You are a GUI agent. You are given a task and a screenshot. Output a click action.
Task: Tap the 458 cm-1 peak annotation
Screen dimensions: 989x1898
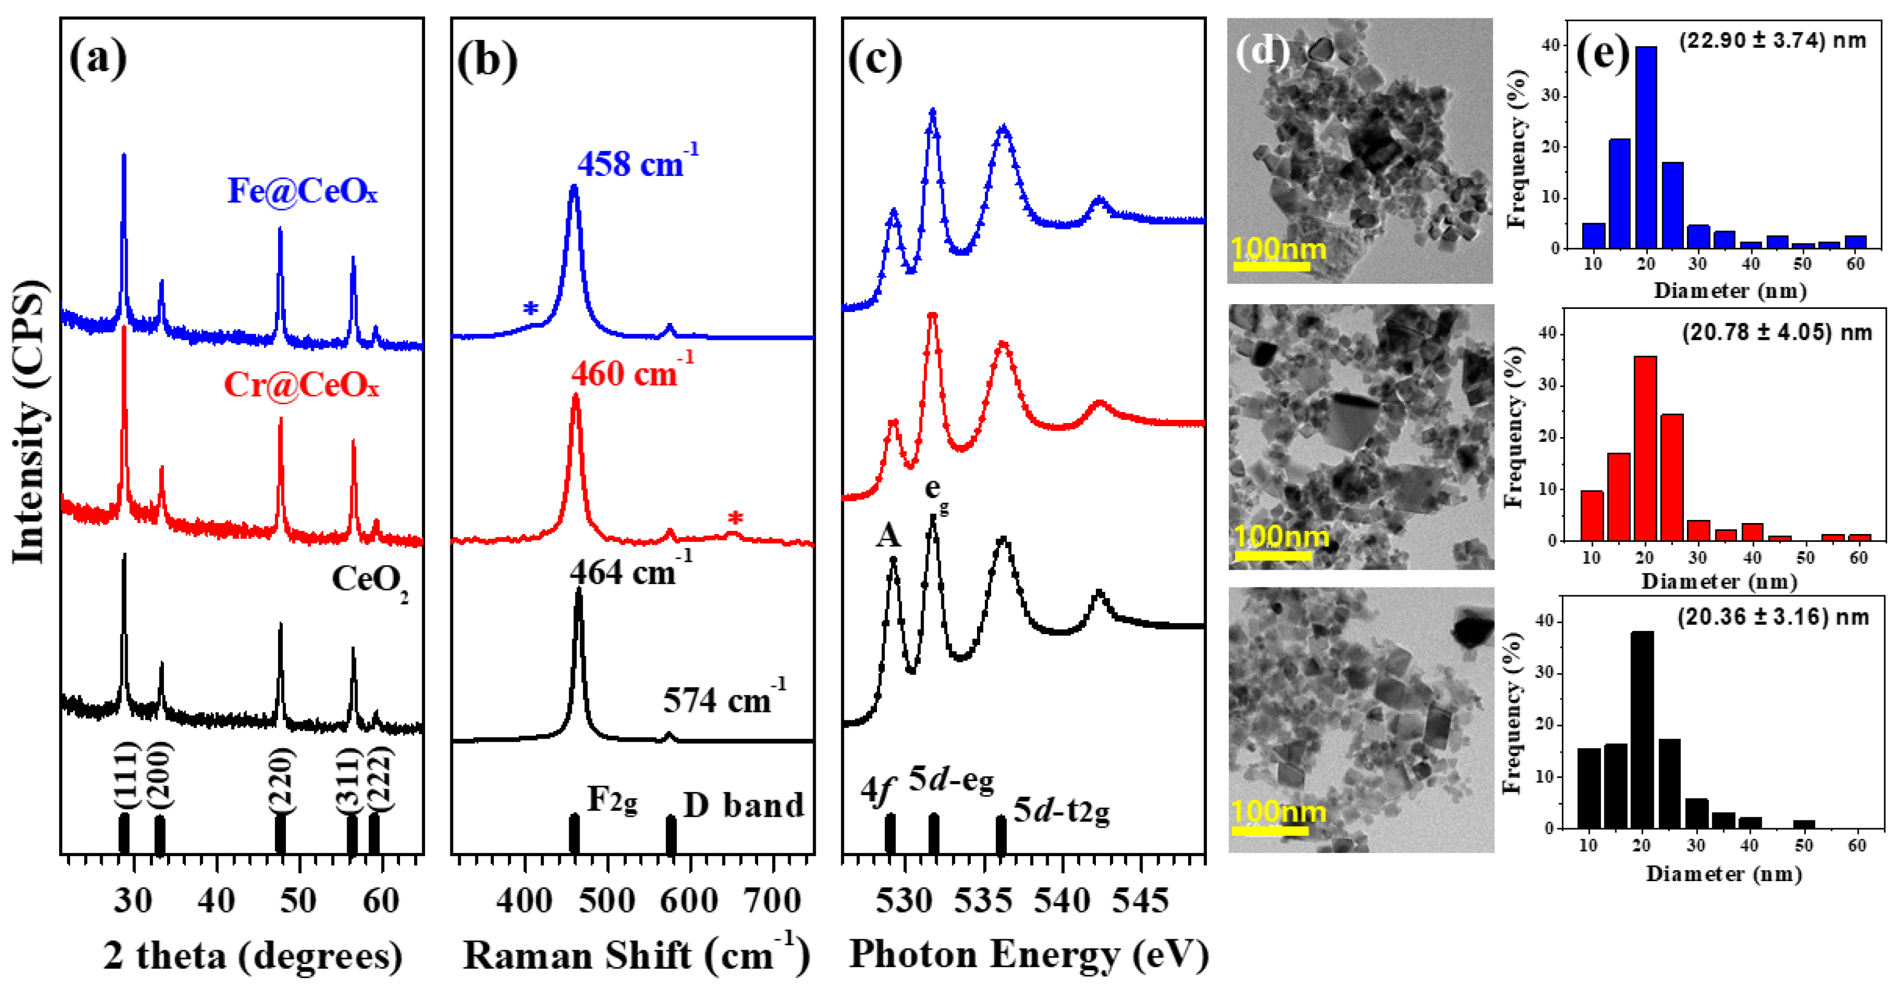pyautogui.click(x=637, y=162)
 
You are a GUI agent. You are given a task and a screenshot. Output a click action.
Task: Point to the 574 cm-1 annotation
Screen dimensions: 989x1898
pyautogui.click(x=724, y=698)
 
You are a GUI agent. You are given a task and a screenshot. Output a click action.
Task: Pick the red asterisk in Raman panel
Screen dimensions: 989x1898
pyautogui.click(x=735, y=519)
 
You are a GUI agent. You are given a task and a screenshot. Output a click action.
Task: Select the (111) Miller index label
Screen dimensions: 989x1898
pyautogui.click(x=125, y=776)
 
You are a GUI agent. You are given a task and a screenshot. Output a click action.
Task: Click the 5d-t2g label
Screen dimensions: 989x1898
pyautogui.click(x=1061, y=810)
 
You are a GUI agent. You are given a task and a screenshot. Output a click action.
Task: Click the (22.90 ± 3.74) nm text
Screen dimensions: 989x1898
pyautogui.click(x=1772, y=40)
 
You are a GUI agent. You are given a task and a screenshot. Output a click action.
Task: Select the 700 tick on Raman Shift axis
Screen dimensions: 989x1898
pyautogui.click(x=772, y=901)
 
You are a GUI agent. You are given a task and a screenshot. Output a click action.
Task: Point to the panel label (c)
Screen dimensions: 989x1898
pyautogui.click(x=875, y=59)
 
